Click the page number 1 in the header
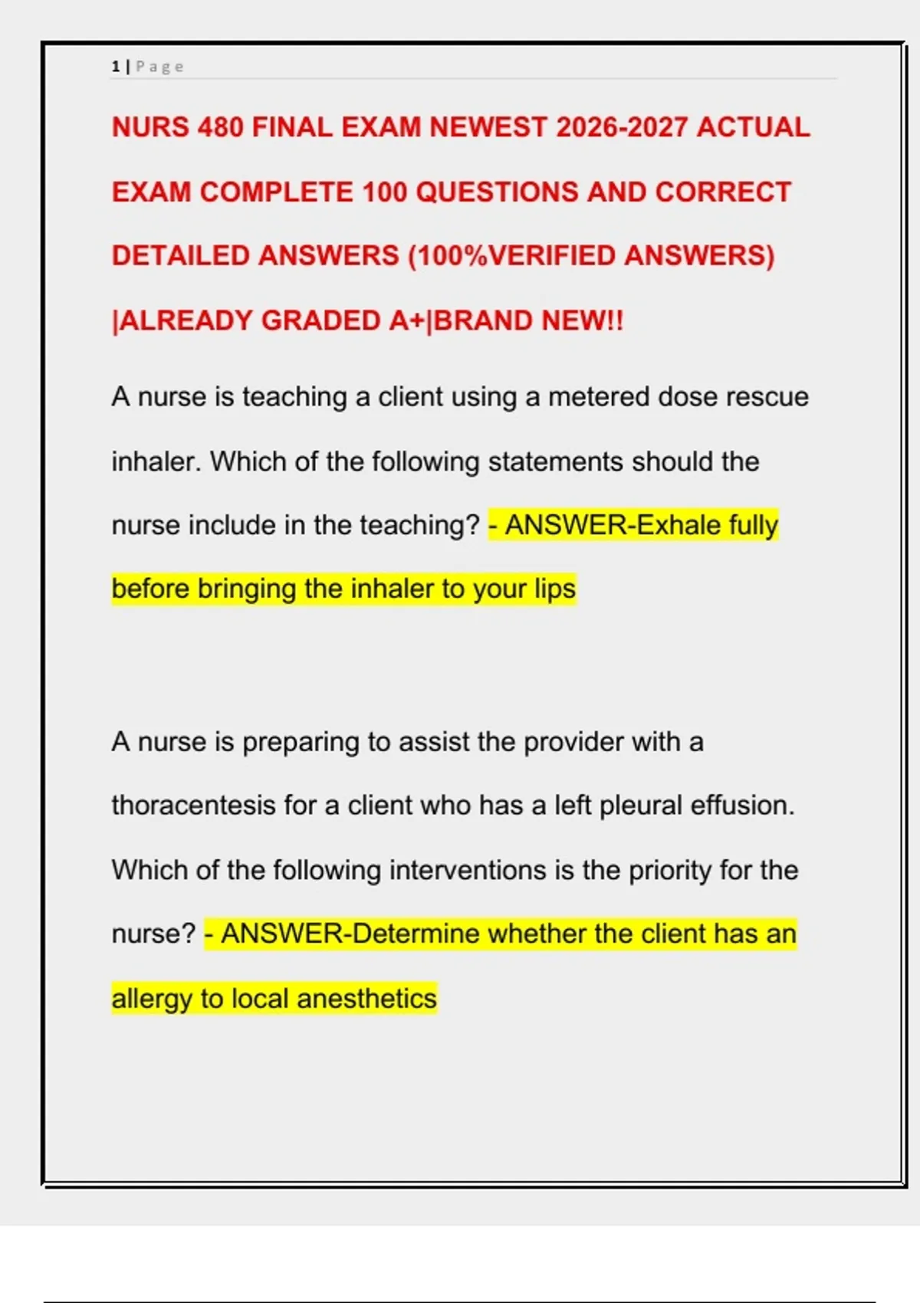115,67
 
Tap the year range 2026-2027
621,127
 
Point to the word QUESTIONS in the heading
497,192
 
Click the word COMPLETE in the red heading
277,192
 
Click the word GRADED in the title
321,320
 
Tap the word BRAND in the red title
484,320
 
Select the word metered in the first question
599,397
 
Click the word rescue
767,397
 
